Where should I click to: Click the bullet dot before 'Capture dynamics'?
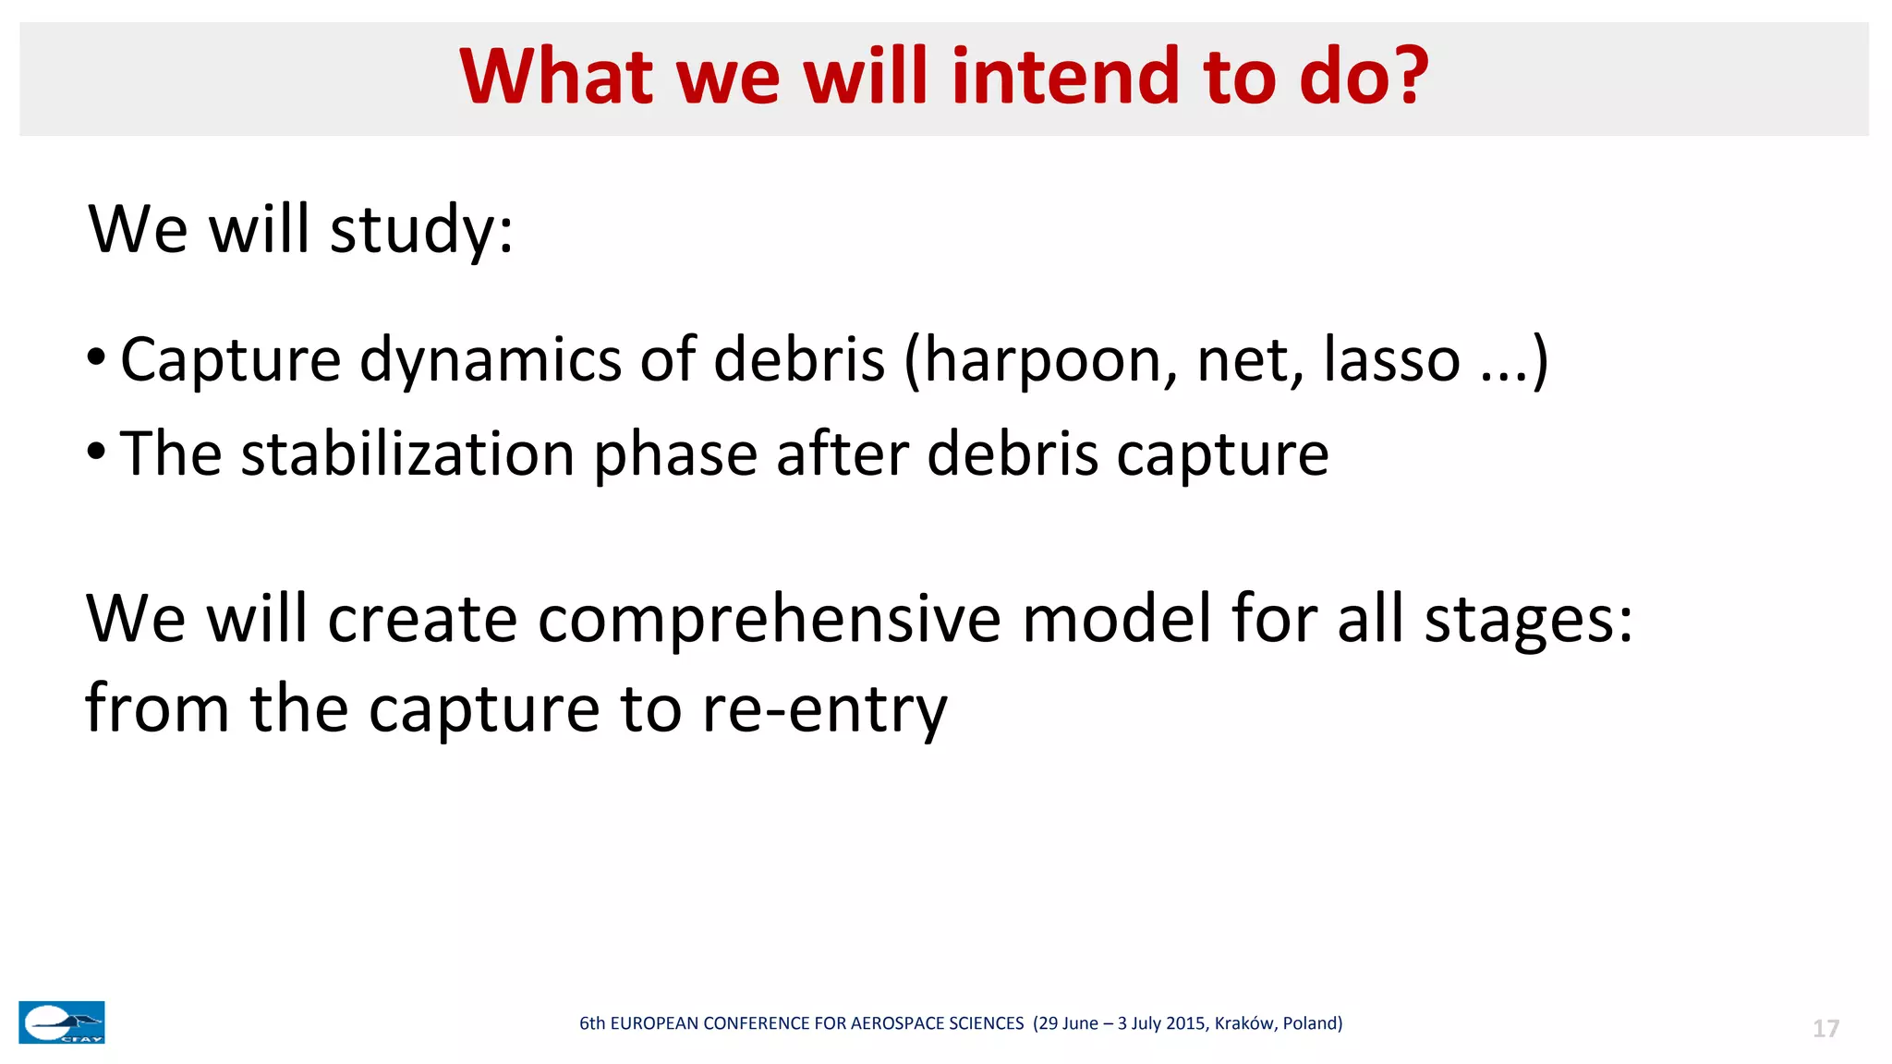pos(96,357)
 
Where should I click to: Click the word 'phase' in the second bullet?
pos(676,454)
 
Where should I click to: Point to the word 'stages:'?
pos(1529,619)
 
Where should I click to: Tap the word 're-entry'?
pos(824,709)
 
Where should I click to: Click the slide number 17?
pos(1825,1029)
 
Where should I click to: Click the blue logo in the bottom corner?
pos(62,1022)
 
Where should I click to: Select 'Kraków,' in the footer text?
pos(1245,1023)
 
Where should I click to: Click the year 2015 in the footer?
pos(1186,1023)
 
